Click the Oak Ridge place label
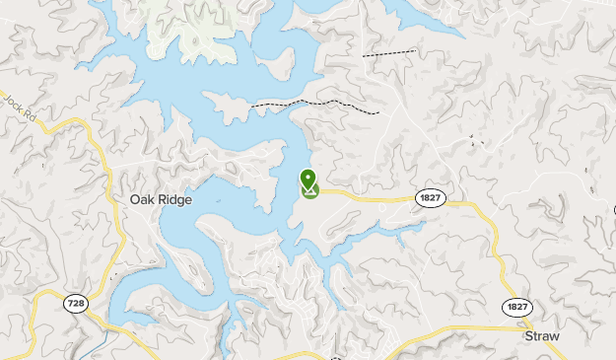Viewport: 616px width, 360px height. coord(161,199)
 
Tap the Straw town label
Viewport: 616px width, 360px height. coord(541,336)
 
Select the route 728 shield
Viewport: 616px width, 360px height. coord(76,304)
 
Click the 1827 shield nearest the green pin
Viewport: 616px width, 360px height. coord(430,198)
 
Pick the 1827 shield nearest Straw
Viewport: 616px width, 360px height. coord(517,307)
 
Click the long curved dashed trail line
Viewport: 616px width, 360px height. coord(315,102)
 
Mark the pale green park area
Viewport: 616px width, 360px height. coord(197,25)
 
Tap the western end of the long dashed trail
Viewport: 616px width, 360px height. coord(253,104)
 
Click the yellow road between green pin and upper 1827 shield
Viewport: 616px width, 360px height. coord(370,197)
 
